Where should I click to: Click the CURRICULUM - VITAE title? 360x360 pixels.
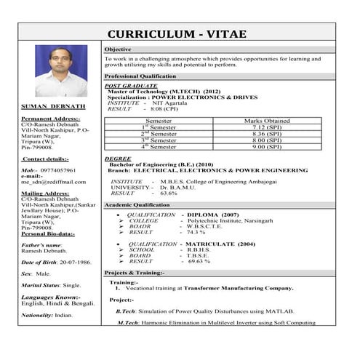point(177,34)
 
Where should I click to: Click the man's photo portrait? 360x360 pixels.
point(61,72)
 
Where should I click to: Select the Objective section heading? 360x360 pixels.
point(118,49)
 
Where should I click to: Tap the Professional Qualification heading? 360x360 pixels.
point(140,76)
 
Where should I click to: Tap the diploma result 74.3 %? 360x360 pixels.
point(191,232)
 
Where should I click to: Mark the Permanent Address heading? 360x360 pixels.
point(51,118)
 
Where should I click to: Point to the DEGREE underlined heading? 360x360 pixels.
point(118,158)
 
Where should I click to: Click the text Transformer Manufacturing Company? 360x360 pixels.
point(239,288)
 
